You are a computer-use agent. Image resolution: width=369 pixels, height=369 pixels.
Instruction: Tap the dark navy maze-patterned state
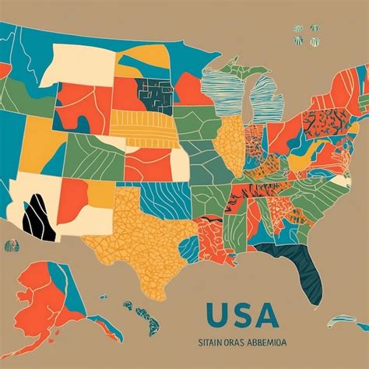[x=156, y=96]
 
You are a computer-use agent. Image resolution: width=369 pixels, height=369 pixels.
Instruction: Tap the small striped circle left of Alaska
[x=10, y=247]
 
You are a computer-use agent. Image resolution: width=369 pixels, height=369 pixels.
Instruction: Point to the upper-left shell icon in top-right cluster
[x=299, y=29]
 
